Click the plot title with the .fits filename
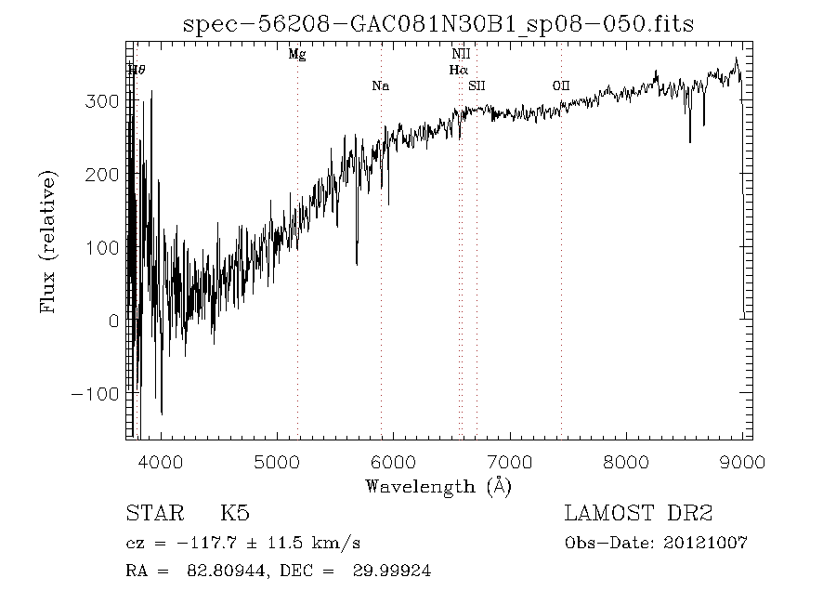[438, 24]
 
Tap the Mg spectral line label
[297, 55]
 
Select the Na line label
[380, 86]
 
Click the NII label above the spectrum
[461, 55]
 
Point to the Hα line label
[459, 70]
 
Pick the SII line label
[477, 86]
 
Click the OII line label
[561, 86]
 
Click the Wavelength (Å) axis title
[438, 486]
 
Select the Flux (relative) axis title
[48, 241]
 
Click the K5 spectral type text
[234, 514]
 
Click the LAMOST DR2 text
[639, 514]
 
